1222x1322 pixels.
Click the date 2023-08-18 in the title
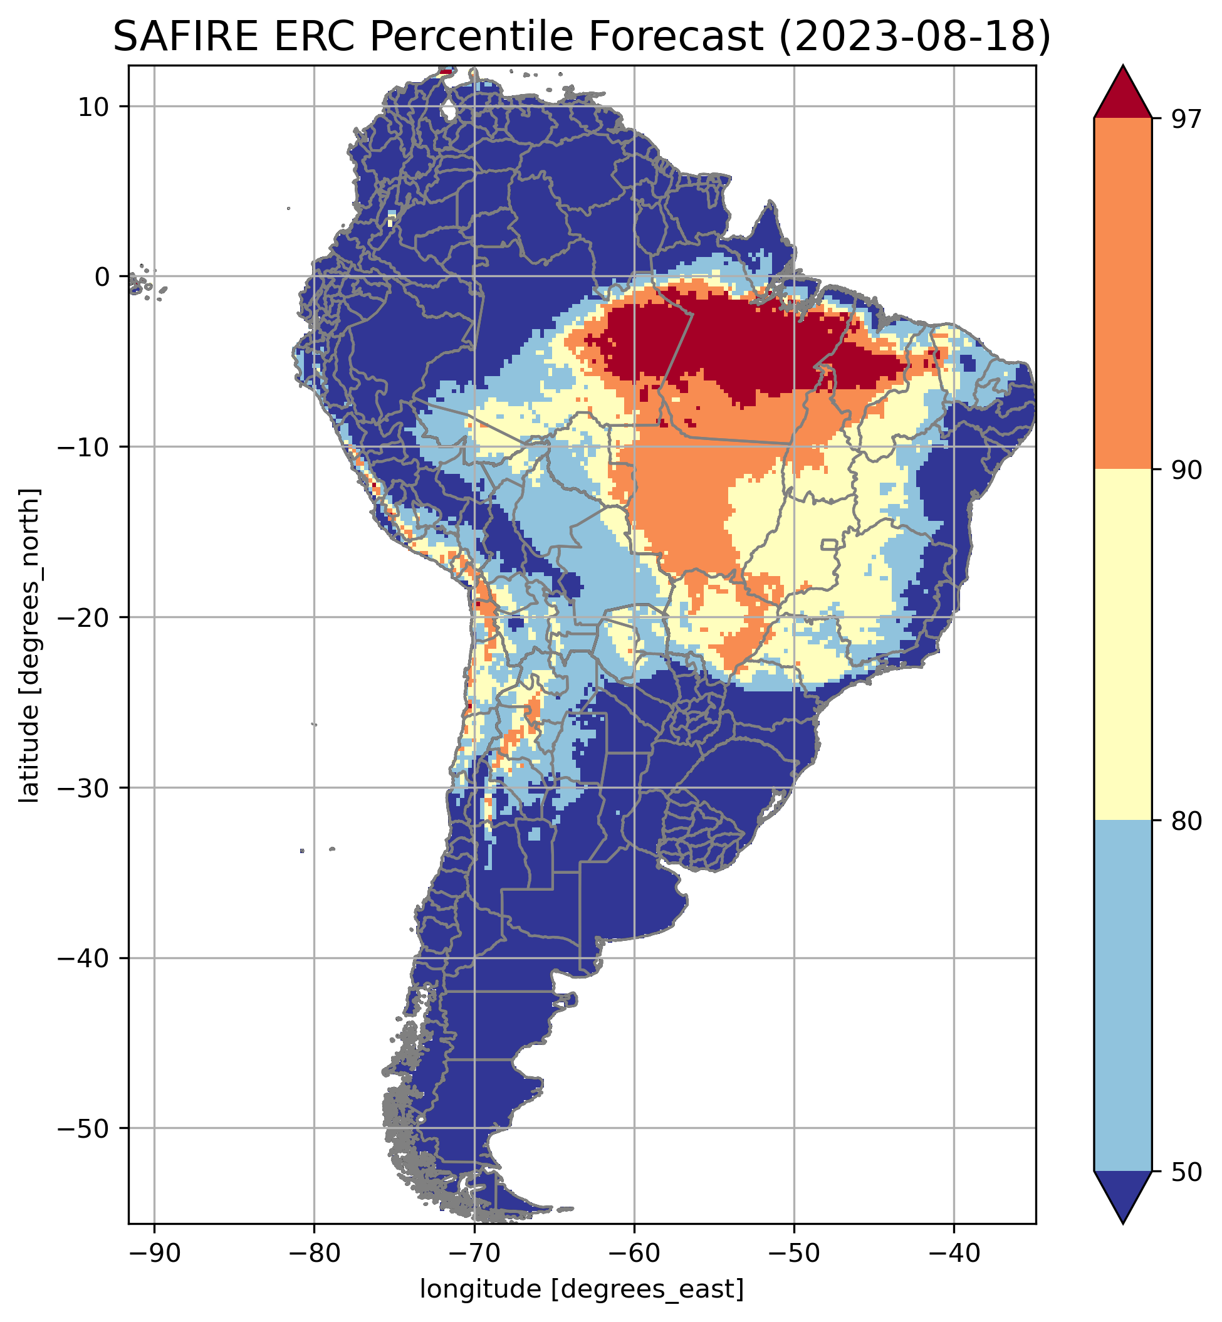pos(914,36)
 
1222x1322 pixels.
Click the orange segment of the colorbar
pos(1123,294)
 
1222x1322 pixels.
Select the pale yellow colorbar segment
pos(1123,645)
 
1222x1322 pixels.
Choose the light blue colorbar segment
pos(1123,995)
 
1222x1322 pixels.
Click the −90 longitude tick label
pos(154,1253)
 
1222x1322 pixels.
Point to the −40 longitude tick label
pos(953,1253)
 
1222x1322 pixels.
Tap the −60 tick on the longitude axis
pos(634,1253)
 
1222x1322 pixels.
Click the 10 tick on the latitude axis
pos(94,107)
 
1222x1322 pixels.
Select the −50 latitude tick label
pos(83,1128)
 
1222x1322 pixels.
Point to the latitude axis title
pos(29,646)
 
